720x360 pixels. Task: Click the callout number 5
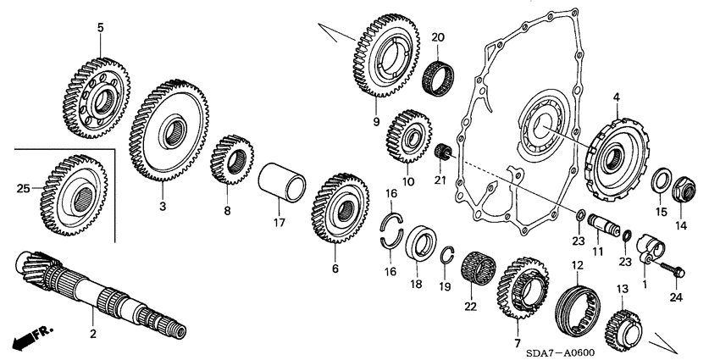[x=100, y=27]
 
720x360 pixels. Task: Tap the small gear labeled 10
[x=410, y=136]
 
